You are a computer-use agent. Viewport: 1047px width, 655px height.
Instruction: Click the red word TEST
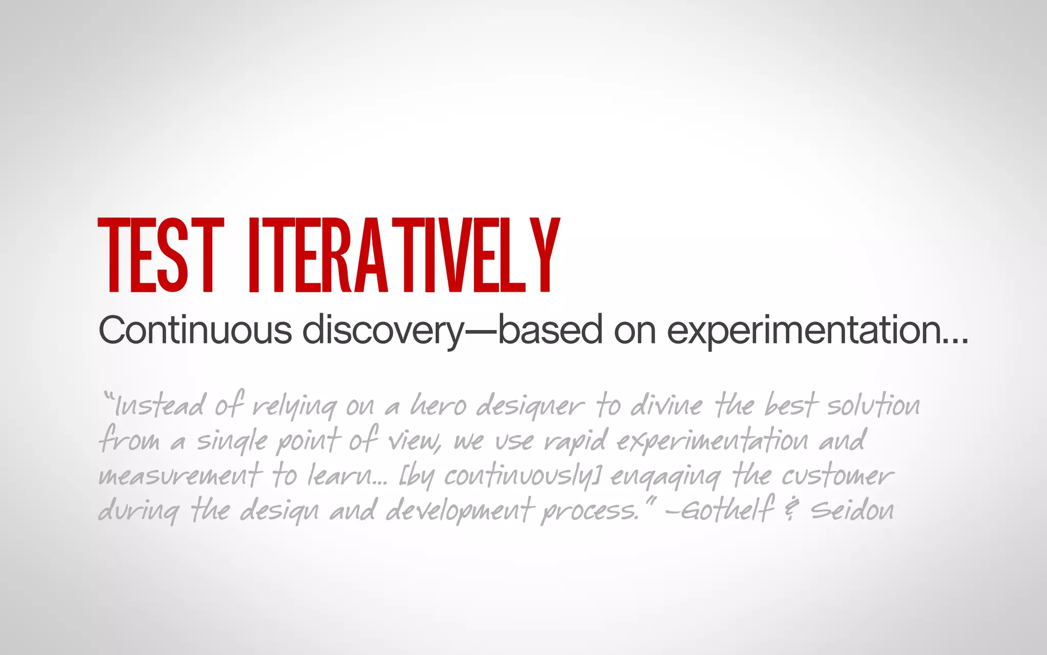pyautogui.click(x=161, y=255)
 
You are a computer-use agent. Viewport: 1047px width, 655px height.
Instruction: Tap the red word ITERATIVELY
pyautogui.click(x=403, y=255)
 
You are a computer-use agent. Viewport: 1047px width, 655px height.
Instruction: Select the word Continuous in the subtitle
pyautogui.click(x=195, y=330)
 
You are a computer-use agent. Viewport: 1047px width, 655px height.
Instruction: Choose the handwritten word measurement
pyautogui.click(x=179, y=476)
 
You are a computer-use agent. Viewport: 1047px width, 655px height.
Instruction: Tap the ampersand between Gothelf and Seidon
pyautogui.click(x=790, y=510)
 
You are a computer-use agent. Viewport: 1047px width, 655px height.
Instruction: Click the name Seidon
pyautogui.click(x=852, y=510)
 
